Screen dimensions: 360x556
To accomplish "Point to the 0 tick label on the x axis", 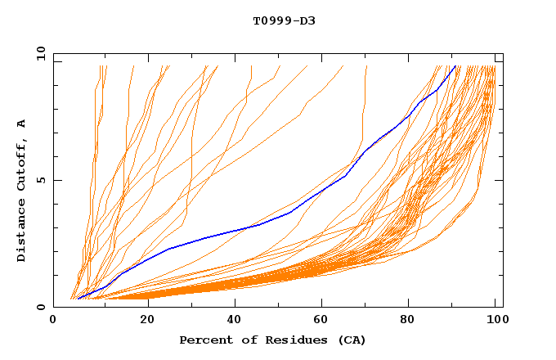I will click(53, 320).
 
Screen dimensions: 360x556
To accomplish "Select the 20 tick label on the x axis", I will click(146, 320).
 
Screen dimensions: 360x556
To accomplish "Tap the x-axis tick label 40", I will click(235, 320).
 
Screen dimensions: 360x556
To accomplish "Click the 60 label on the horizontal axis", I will click(324, 320).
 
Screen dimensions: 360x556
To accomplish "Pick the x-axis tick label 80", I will click(413, 320).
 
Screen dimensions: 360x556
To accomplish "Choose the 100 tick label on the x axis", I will click(495, 320).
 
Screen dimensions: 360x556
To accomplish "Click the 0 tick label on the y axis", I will click(41, 308).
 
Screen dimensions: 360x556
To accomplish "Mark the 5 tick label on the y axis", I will click(41, 180).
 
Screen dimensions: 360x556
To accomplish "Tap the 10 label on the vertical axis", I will click(38, 53).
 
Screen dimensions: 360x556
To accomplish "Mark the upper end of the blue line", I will click(455, 66).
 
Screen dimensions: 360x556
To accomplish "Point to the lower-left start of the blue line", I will click(78, 298).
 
